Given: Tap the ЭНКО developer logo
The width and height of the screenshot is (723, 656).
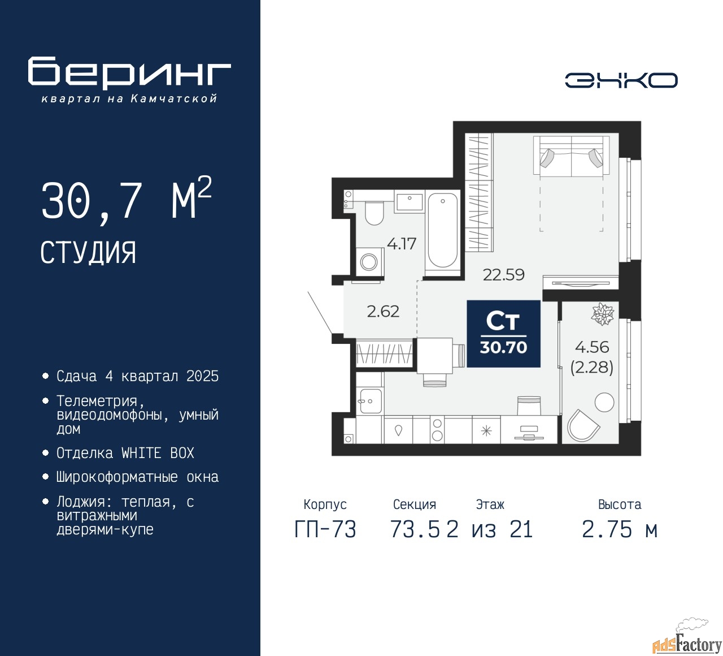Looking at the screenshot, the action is (x=621, y=80).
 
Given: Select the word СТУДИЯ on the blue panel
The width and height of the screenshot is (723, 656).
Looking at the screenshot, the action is (x=88, y=253).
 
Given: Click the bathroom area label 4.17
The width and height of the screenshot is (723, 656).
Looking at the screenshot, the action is (x=402, y=244).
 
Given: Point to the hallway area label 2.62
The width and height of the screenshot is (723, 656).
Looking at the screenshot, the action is (x=383, y=311).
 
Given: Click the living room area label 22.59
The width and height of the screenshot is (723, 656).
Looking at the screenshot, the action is (x=503, y=275).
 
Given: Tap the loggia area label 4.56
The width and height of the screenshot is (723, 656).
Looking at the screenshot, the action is (x=592, y=347).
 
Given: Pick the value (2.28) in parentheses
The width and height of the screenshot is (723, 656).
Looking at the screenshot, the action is (x=592, y=368).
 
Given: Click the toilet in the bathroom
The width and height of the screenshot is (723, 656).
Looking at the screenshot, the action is (x=374, y=212).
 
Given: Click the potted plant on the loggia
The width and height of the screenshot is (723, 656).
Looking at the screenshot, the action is (x=602, y=313).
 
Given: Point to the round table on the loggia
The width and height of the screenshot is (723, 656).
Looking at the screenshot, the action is (x=604, y=402).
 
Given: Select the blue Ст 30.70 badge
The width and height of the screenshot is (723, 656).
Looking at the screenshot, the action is (x=503, y=334).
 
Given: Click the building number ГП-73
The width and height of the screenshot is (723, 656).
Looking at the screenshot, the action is (x=325, y=529).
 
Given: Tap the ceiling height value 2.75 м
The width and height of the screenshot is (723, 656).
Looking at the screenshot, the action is (x=620, y=529).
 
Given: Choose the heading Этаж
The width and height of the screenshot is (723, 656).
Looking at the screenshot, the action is (x=490, y=504).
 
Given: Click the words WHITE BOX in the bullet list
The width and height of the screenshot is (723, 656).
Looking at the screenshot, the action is (x=158, y=453).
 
